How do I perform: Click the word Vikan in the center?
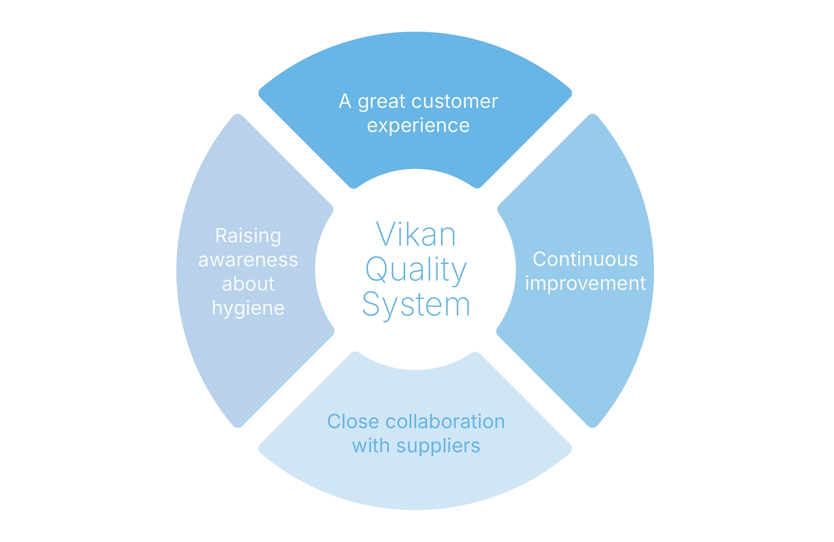(x=416, y=235)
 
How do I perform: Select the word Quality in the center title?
(x=416, y=270)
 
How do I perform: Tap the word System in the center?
(x=416, y=305)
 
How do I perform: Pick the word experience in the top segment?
(x=418, y=126)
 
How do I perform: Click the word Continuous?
(x=585, y=259)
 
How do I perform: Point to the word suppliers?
(x=438, y=447)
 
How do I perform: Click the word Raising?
(x=248, y=236)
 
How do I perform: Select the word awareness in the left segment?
(x=248, y=260)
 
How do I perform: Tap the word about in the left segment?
(x=248, y=284)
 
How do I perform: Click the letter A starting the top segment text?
(x=345, y=101)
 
